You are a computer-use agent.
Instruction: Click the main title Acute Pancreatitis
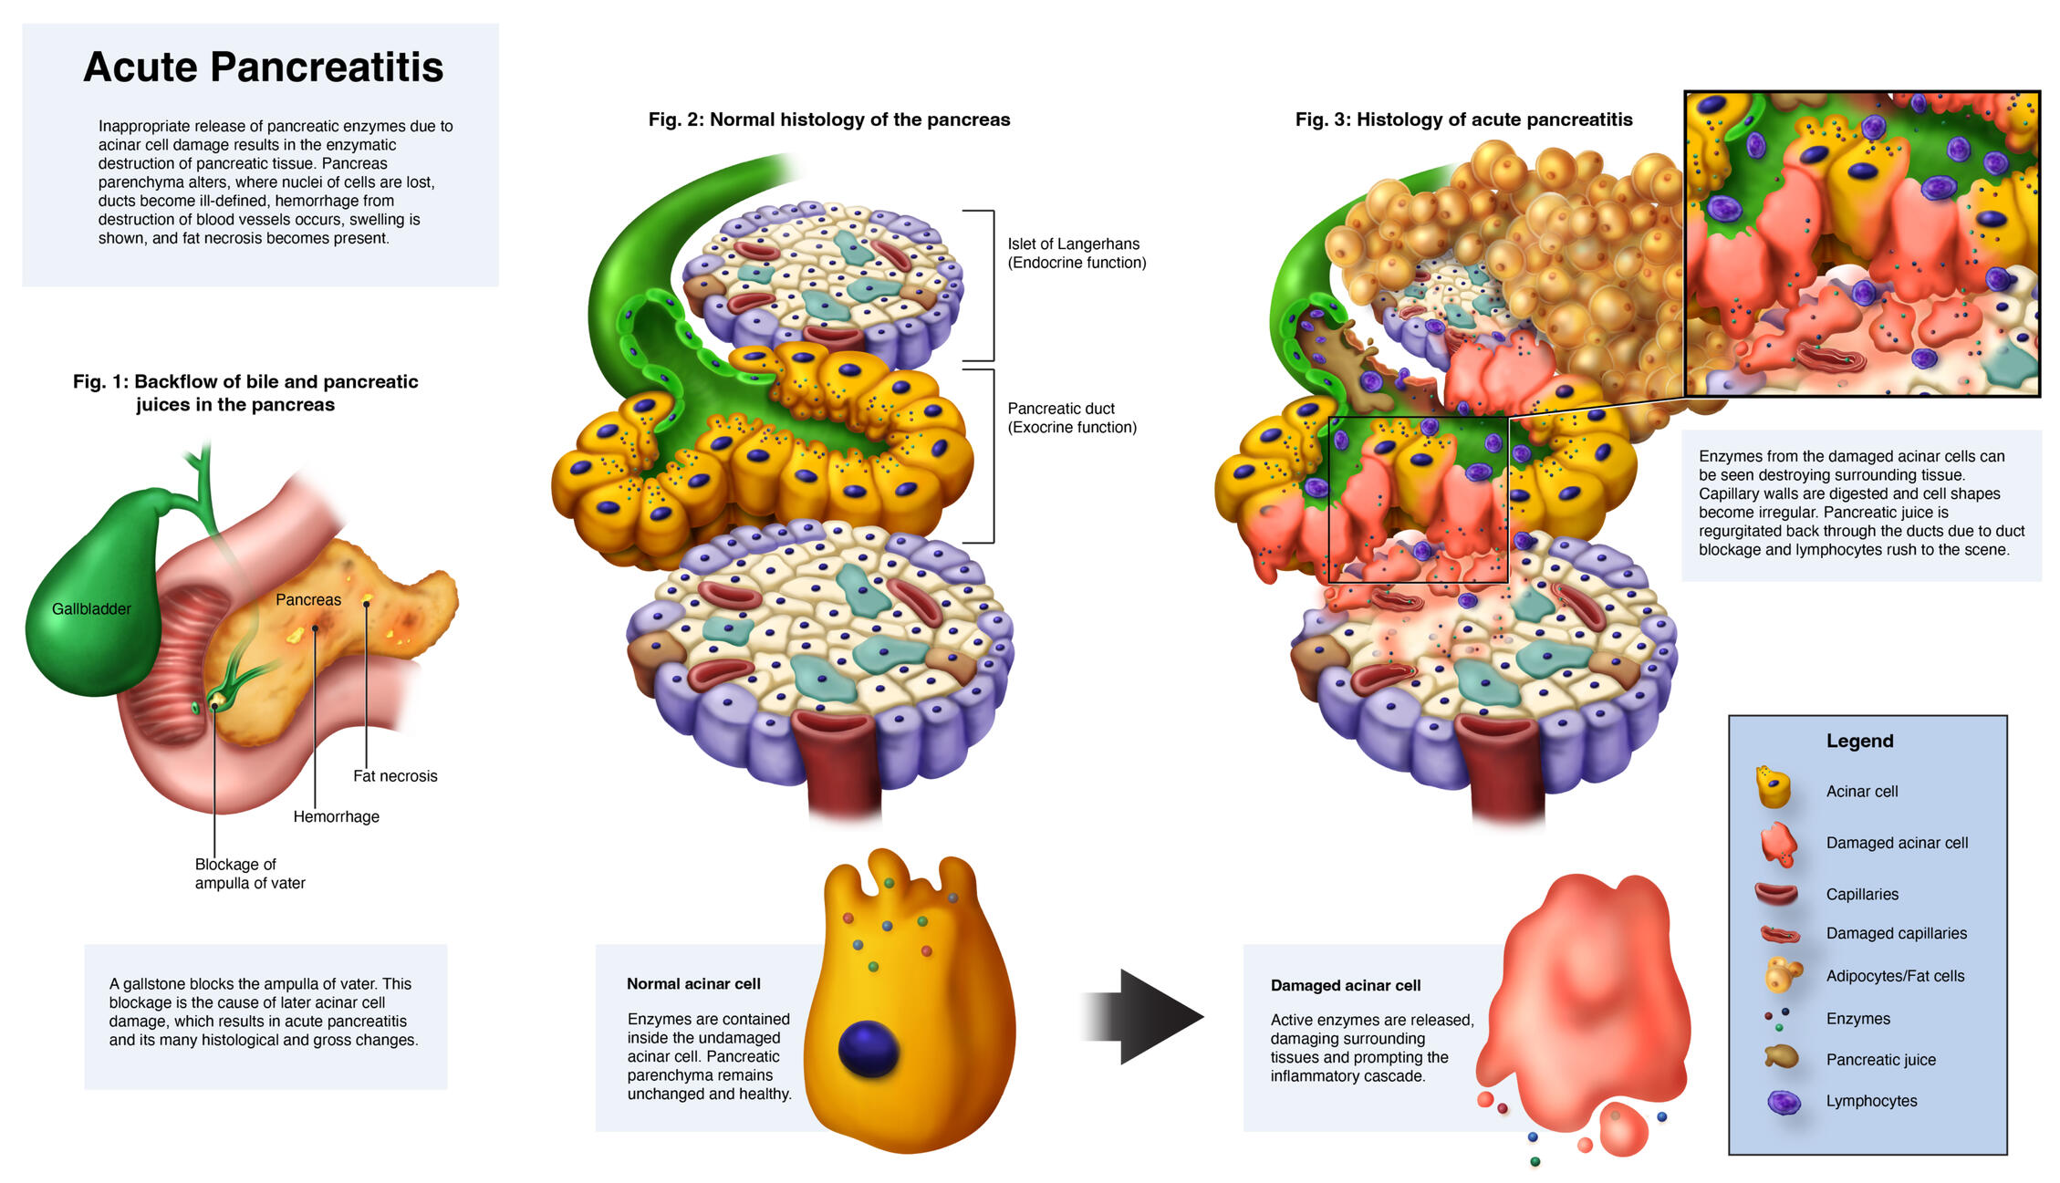pos(263,67)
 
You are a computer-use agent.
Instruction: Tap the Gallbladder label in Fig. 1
pos(91,609)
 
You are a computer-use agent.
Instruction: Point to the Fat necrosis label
pos(395,776)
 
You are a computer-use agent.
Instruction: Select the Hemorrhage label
pos(336,817)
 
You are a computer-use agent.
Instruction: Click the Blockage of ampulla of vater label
pos(249,874)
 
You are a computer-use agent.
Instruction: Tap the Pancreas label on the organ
pos(308,600)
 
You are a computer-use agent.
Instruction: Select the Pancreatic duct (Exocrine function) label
pos(1071,418)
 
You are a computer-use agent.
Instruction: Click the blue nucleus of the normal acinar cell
pos(868,1050)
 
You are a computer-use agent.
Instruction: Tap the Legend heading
pos(1859,742)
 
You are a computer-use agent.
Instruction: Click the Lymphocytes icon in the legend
pos(1784,1102)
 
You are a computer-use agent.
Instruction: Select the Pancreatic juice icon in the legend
pos(1781,1058)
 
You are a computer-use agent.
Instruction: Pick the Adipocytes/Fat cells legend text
pos(1895,976)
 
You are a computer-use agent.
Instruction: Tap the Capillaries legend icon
pos(1775,894)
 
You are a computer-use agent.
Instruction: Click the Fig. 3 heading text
pos(1463,119)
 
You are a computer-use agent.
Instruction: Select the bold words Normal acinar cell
pos(693,984)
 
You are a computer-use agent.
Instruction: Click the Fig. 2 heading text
pos(828,119)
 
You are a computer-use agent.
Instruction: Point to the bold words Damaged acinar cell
pos(1345,986)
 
